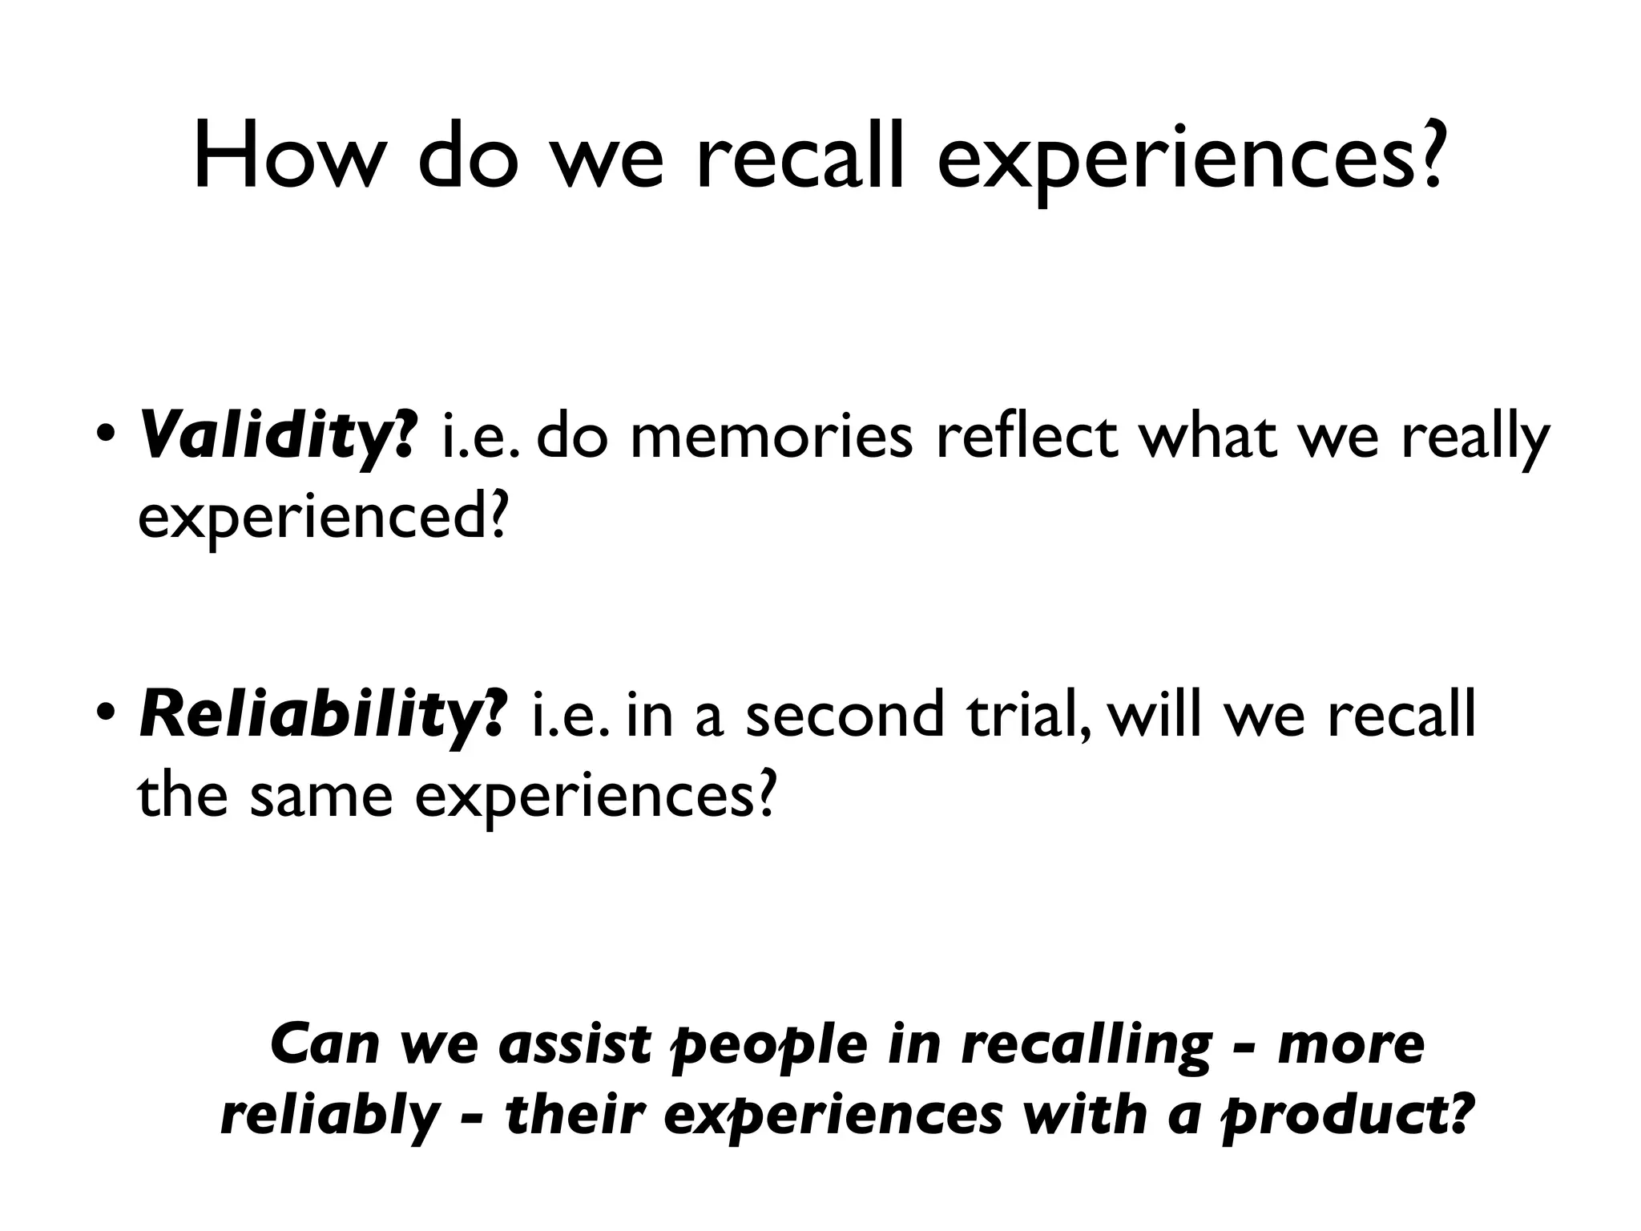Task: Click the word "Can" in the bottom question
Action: click(325, 1043)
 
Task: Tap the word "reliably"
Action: click(330, 1116)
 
